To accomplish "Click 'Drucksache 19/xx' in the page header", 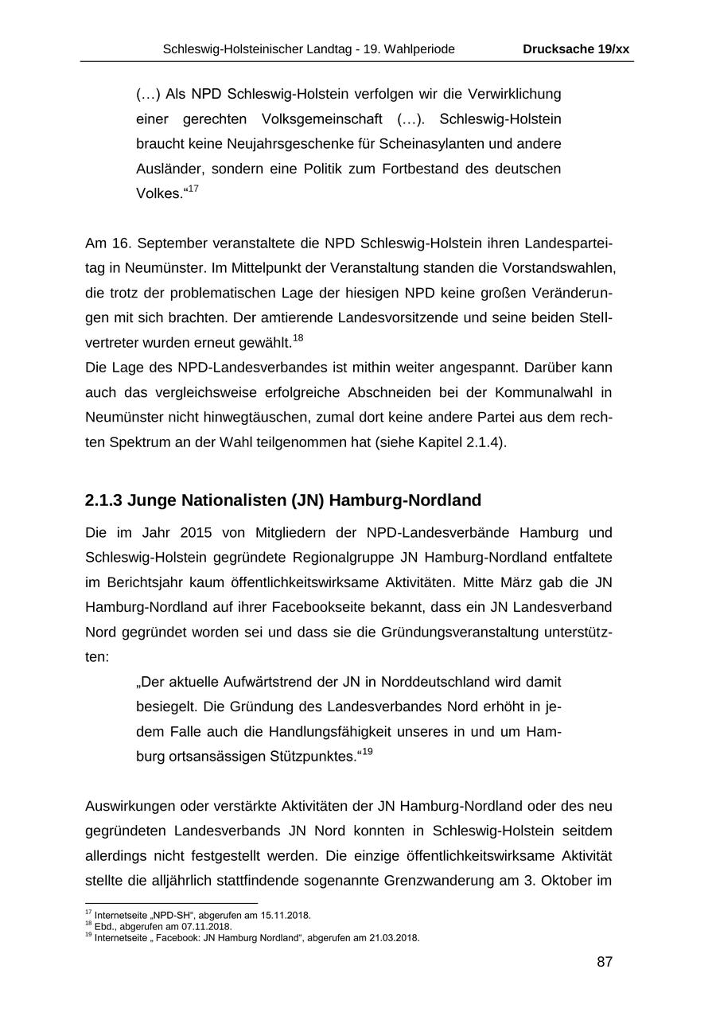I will pyautogui.click(x=576, y=49).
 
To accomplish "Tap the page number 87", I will pyautogui.click(x=605, y=962).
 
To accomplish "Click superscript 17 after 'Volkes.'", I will pyautogui.click(x=193, y=189).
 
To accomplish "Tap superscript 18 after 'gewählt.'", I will pyautogui.click(x=298, y=338).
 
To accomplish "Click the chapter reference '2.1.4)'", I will pyautogui.click(x=486, y=442).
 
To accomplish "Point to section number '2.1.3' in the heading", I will pyautogui.click(x=103, y=500).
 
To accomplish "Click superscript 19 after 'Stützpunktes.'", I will pyautogui.click(x=368, y=752).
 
